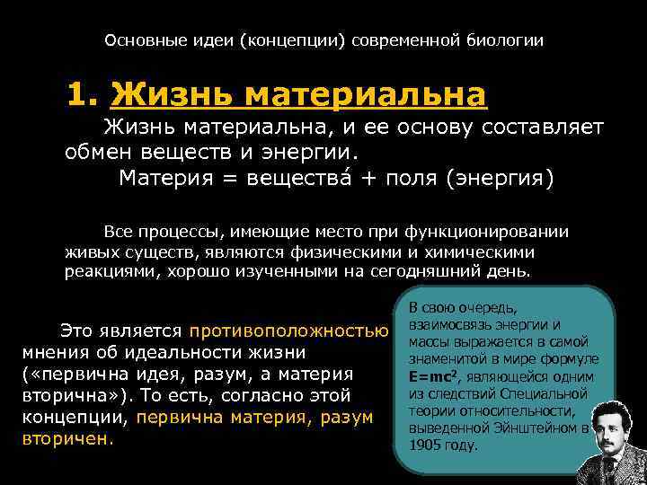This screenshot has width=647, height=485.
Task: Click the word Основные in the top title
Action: [x=140, y=40]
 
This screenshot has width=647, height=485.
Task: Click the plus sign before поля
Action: [x=369, y=177]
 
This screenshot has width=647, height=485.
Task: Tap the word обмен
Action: [x=99, y=150]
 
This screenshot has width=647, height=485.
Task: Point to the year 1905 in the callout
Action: [x=425, y=445]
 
